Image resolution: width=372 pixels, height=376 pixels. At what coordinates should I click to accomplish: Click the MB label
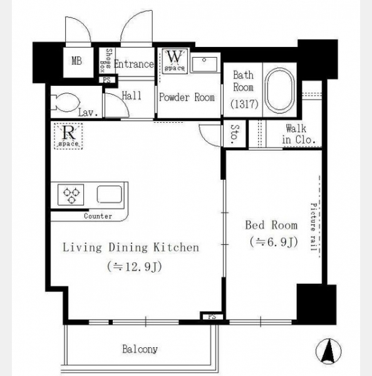coord(76,61)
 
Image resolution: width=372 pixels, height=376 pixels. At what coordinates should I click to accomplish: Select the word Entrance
coord(134,64)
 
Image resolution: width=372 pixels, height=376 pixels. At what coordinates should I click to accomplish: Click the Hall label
coord(132,96)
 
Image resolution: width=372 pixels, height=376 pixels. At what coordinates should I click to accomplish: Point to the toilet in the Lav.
coord(65,103)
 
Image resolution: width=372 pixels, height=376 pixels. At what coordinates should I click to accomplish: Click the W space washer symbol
coord(175,61)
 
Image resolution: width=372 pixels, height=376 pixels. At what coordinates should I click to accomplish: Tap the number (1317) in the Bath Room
coord(244,104)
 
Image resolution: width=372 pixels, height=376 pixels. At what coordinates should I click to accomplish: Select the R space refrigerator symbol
coord(68,136)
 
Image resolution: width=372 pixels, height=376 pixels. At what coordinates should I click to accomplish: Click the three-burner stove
coord(71,195)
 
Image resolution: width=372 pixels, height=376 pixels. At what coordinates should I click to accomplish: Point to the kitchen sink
coord(110,194)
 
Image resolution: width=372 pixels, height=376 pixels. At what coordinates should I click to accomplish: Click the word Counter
coord(98,216)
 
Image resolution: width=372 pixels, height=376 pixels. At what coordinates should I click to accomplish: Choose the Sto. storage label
coord(235,134)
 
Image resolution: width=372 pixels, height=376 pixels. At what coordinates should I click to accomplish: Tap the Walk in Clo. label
coord(299,134)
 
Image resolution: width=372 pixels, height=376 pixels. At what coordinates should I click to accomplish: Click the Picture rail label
coord(314,227)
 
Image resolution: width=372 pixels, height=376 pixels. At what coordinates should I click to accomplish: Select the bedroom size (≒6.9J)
coord(274,243)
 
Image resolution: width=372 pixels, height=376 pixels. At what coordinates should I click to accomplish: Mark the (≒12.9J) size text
coord(135,267)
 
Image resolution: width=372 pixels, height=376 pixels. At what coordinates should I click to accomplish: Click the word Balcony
coord(140,349)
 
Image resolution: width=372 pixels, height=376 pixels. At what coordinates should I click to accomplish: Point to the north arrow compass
coord(328,352)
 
